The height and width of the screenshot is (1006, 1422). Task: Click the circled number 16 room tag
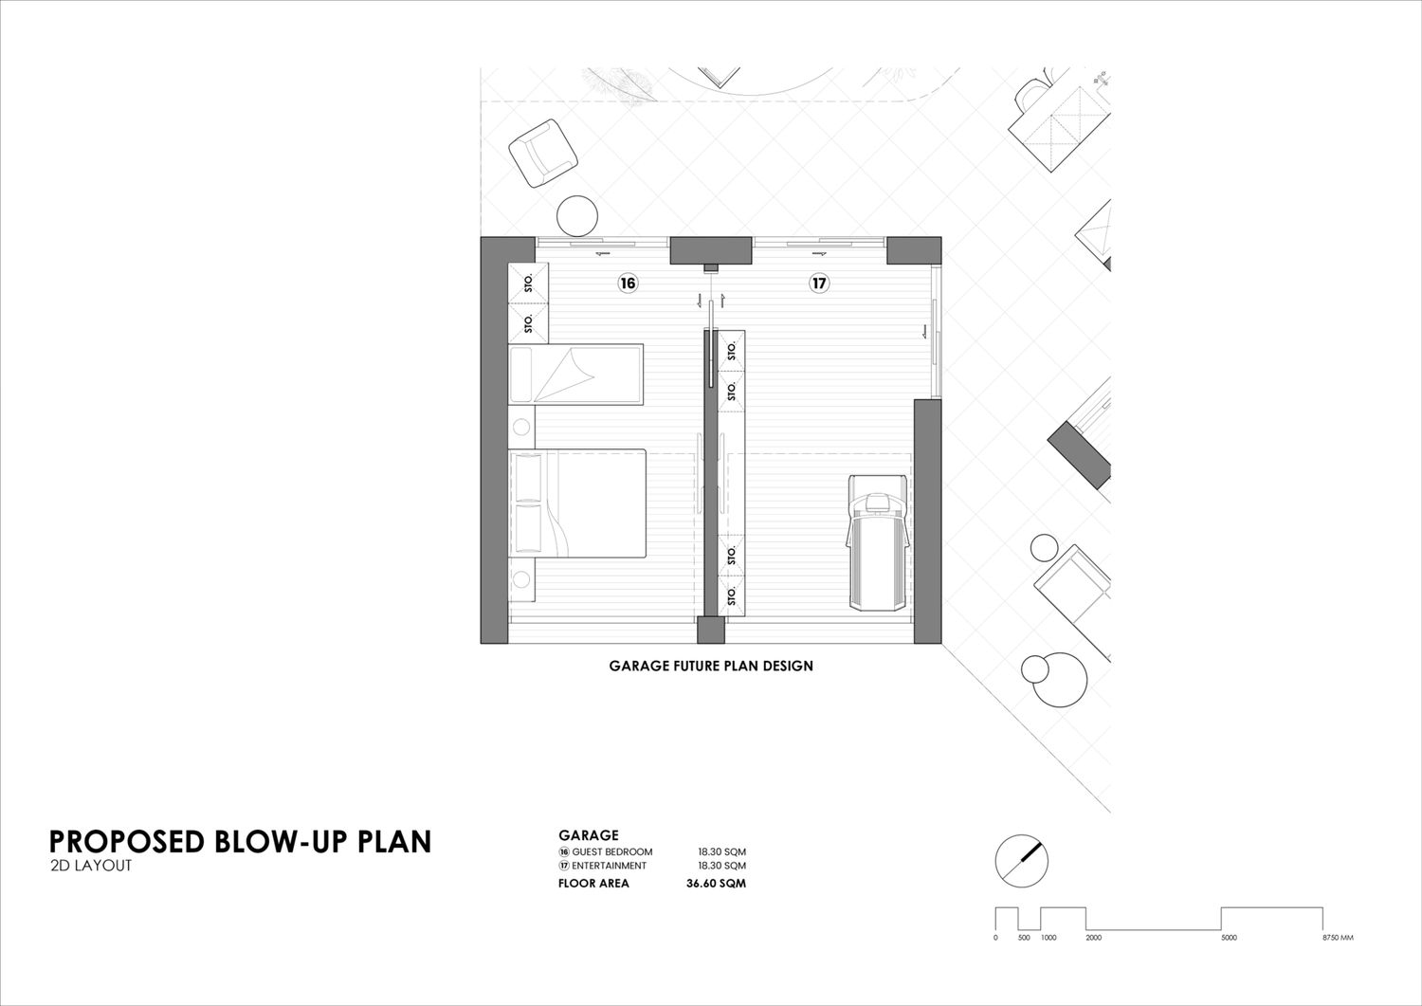pyautogui.click(x=628, y=284)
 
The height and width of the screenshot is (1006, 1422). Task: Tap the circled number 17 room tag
pyautogui.click(x=819, y=284)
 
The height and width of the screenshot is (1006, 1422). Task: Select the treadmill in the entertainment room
pyautogui.click(x=879, y=542)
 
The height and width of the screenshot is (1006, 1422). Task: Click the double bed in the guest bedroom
pyautogui.click(x=577, y=503)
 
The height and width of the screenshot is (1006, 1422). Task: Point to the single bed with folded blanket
pyautogui.click(x=575, y=375)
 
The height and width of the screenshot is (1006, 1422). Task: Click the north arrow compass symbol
pyautogui.click(x=1021, y=861)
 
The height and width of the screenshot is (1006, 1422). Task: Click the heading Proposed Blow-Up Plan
pyautogui.click(x=240, y=842)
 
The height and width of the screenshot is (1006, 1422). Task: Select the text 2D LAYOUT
pyautogui.click(x=91, y=866)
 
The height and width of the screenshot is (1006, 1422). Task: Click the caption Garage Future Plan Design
pyautogui.click(x=711, y=667)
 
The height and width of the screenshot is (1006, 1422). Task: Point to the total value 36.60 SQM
pyautogui.click(x=716, y=884)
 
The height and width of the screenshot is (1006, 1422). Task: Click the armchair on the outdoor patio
pyautogui.click(x=543, y=153)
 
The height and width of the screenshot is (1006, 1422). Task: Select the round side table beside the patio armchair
pyautogui.click(x=577, y=216)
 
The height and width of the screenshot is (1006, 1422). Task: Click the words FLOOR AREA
pyautogui.click(x=593, y=884)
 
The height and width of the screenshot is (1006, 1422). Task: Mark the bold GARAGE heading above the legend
pyautogui.click(x=589, y=835)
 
